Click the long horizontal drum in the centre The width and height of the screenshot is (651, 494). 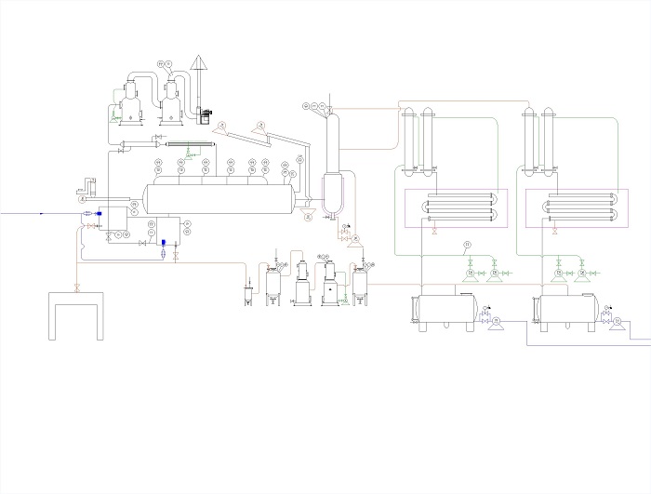pos(219,197)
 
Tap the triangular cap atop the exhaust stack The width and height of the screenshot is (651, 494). pos(199,62)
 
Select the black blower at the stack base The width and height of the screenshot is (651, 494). pos(204,115)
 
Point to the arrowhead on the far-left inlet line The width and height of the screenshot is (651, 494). pos(42,213)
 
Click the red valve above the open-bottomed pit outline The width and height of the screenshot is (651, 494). pos(75,285)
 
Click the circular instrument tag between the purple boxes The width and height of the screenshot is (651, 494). pos(467,244)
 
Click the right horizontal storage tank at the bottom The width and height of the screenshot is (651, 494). pos(564,310)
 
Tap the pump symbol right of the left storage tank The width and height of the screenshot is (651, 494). pos(496,321)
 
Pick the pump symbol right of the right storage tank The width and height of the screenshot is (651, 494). pos(617,321)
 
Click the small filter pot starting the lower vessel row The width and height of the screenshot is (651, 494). pos(247,295)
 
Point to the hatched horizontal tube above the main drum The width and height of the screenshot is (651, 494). pos(192,145)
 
